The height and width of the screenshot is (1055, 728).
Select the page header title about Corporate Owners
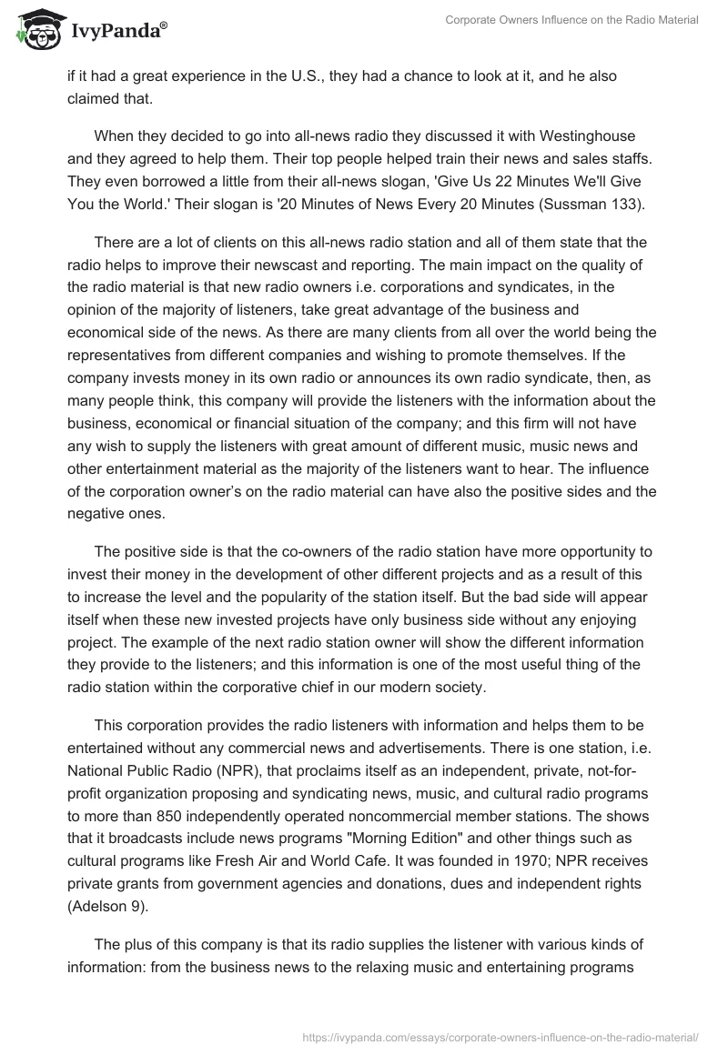click(x=571, y=20)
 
